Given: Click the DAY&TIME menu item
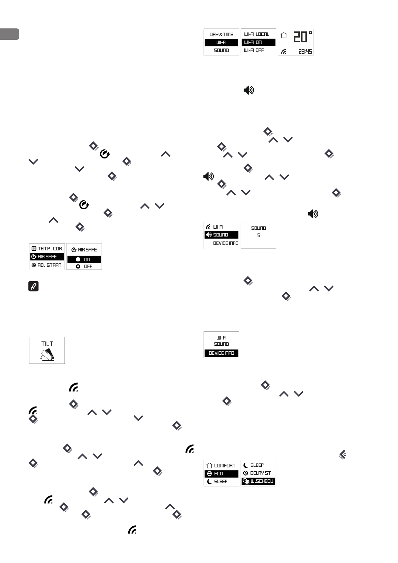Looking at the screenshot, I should click(x=221, y=34).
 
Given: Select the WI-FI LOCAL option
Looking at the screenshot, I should click(x=257, y=34).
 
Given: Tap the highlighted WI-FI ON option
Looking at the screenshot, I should click(x=258, y=42).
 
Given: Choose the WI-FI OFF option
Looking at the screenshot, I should click(x=254, y=50).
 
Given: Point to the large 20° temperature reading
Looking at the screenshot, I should click(x=302, y=37).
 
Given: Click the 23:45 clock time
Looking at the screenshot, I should click(x=305, y=52).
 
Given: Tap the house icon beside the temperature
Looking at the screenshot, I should click(x=284, y=35).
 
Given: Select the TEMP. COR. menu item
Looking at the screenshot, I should click(x=47, y=249).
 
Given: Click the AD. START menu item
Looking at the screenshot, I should click(x=47, y=265).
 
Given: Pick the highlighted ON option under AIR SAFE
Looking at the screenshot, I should click(x=84, y=259).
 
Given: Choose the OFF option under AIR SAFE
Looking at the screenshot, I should click(x=84, y=266).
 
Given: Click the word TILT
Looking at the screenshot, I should click(x=47, y=344).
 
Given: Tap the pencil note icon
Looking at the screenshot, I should click(x=34, y=286).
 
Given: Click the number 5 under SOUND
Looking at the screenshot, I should click(x=259, y=235).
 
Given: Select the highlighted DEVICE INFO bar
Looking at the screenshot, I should click(x=221, y=353).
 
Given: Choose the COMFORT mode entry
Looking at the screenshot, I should click(x=221, y=465).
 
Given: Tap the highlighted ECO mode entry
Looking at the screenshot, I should click(x=221, y=473).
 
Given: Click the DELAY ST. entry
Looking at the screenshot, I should click(x=258, y=473).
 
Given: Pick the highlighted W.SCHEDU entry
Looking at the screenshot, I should click(x=258, y=481).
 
